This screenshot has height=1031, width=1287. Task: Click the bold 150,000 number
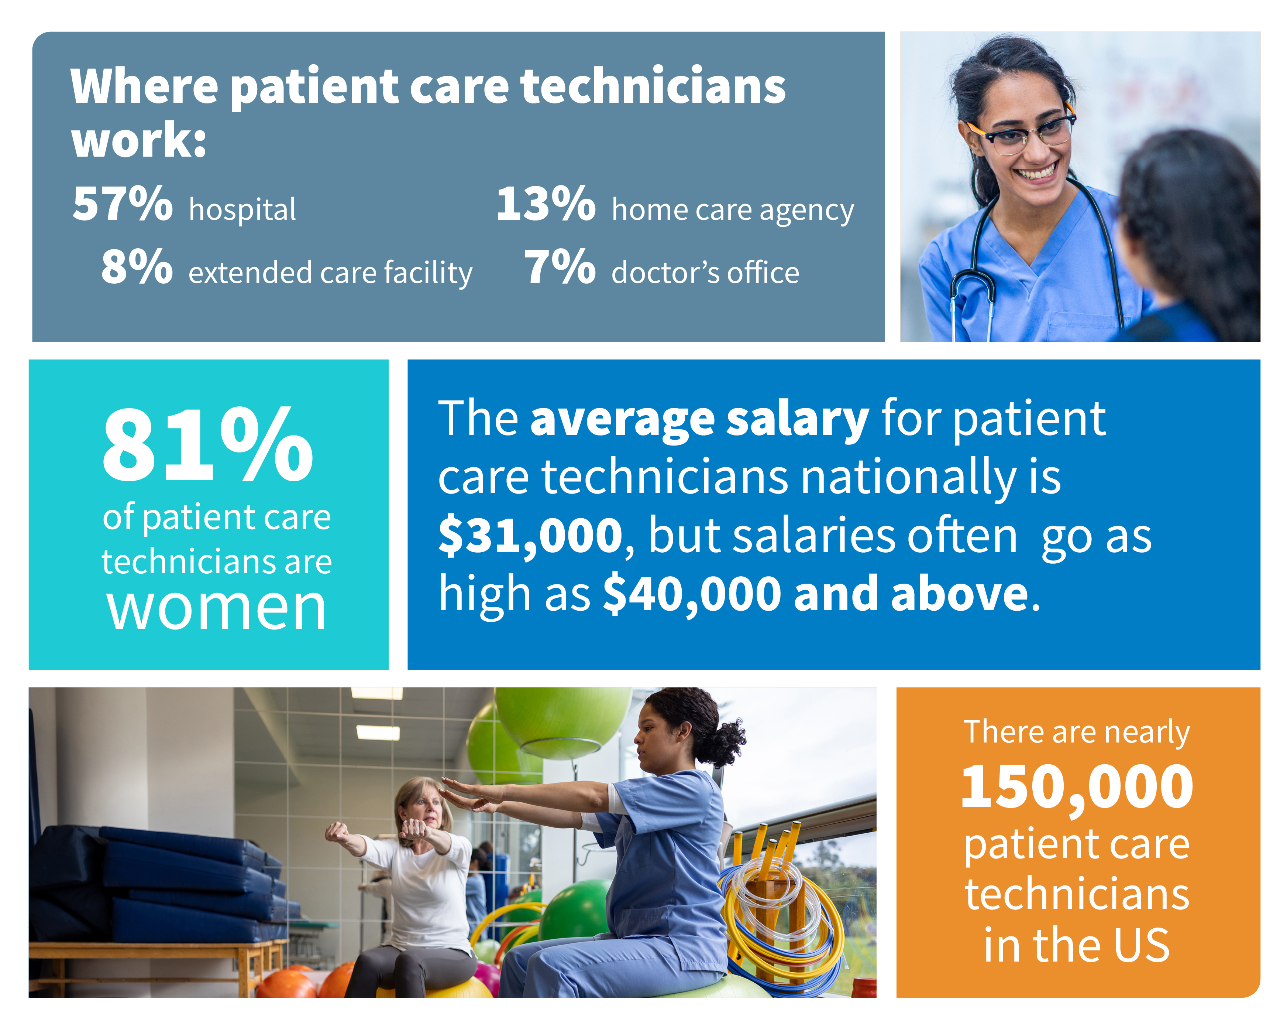point(1077,787)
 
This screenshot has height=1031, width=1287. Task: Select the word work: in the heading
point(138,140)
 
